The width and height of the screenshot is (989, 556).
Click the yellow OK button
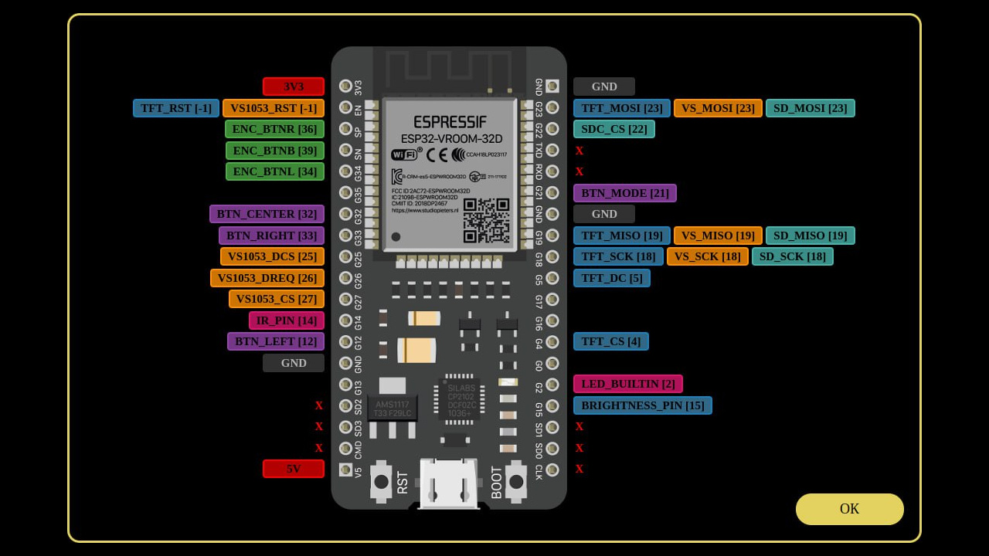[849, 509]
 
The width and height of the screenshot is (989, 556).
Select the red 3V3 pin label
[294, 86]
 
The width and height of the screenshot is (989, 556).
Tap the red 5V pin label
[294, 469]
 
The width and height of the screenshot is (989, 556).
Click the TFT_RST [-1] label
[176, 108]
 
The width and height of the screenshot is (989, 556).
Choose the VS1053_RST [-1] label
[274, 108]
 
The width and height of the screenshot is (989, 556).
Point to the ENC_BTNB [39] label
[274, 151]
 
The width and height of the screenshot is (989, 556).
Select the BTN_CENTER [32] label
[267, 214]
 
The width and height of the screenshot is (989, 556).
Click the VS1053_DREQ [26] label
[267, 278]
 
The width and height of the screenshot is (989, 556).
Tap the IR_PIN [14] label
[286, 320]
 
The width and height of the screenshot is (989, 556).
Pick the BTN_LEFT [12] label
[276, 341]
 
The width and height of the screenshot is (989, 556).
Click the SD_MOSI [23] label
[810, 108]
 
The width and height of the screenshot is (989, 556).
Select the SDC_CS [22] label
[614, 129]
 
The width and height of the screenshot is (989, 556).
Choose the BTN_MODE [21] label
[625, 193]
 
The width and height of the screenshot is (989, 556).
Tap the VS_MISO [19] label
[718, 236]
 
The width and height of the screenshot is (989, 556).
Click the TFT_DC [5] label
[611, 278]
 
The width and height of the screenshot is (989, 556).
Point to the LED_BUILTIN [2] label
[628, 384]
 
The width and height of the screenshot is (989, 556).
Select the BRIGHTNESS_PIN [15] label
[643, 405]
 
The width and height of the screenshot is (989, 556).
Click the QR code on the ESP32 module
[486, 220]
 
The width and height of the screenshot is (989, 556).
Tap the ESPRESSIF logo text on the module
[450, 122]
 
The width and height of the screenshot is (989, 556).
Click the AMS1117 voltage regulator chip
[392, 408]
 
